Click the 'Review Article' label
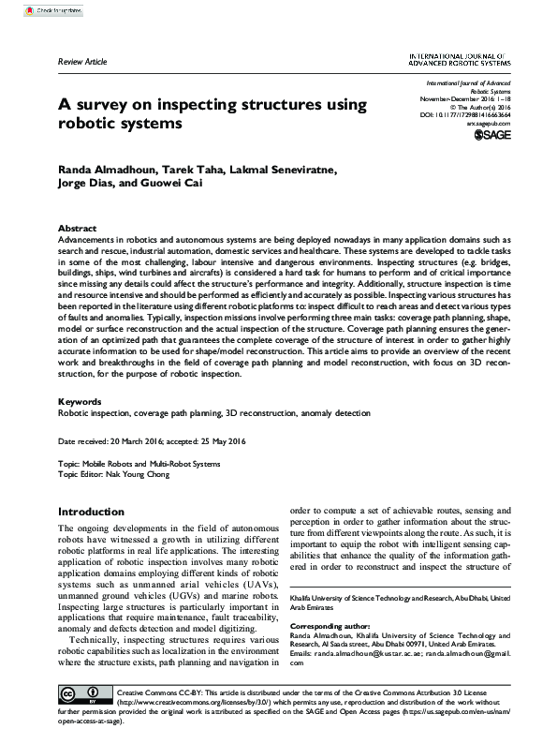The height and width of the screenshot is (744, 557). [82, 62]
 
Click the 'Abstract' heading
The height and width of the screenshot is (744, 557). [77, 229]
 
